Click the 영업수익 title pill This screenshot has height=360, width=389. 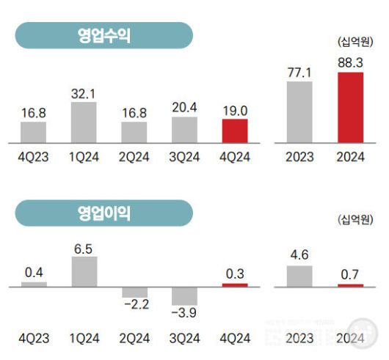pos(103,35)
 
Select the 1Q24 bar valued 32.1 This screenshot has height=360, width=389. pos(84,122)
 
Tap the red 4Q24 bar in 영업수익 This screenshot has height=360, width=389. pos(235,131)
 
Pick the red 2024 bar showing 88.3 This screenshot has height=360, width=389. pos(350,107)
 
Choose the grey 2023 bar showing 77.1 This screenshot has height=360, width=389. pos(299,111)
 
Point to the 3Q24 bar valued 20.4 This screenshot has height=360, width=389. pos(184,129)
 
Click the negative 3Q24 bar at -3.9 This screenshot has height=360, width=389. pos(184,295)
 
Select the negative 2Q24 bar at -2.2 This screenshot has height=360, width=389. pos(134,292)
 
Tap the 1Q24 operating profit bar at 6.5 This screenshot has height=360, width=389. pos(84,271)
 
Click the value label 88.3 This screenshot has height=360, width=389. pos(350,62)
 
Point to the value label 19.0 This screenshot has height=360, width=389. pos(235,109)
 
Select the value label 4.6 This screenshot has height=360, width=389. pos(299,255)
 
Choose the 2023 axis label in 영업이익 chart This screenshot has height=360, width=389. pos(299,339)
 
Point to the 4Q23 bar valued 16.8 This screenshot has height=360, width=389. pos(34,132)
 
